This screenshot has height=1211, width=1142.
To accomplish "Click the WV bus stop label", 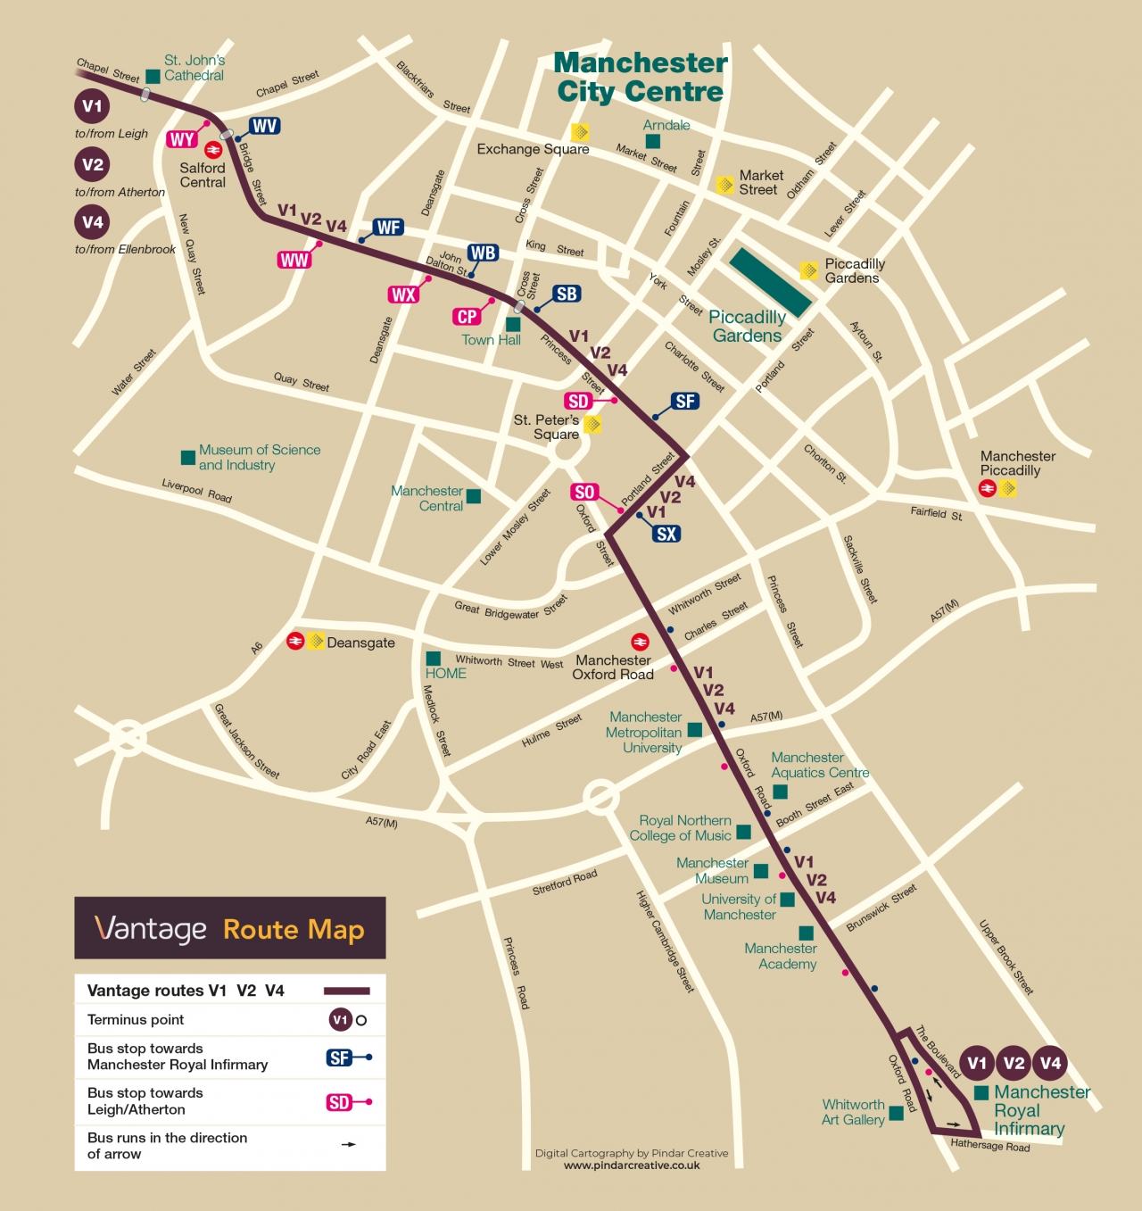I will tap(264, 126).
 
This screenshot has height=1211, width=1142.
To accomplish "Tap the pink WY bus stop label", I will tap(181, 139).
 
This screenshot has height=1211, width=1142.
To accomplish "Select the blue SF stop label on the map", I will tap(685, 402).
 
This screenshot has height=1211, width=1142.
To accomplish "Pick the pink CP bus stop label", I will tap(467, 317).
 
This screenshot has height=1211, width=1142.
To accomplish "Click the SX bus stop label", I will tap(666, 534).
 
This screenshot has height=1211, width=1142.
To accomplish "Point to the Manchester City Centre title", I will tap(641, 77).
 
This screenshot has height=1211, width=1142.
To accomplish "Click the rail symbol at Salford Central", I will tap(213, 150).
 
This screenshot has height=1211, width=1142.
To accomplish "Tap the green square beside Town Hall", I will tap(513, 325).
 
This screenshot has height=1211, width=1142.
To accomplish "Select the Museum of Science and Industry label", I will tap(259, 457).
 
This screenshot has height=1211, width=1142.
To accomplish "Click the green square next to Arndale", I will tap(653, 142).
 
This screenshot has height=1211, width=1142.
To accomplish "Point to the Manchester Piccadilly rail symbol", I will tap(988, 488).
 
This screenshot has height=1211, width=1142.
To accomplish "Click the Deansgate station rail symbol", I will tap(294, 641).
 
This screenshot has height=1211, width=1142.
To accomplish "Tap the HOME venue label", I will tap(445, 673).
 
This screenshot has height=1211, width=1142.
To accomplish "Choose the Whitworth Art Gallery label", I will tap(853, 1112).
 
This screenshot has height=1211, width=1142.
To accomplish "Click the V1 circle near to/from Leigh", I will tap(92, 106).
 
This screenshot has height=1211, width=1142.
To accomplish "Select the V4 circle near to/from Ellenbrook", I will tap(92, 222).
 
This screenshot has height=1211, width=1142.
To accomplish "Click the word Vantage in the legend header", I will tap(151, 929).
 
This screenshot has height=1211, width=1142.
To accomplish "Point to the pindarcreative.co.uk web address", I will tap(632, 1165).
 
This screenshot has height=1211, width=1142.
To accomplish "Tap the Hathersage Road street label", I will tap(989, 1145).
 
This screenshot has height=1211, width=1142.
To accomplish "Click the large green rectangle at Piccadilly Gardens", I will tap(770, 283).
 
